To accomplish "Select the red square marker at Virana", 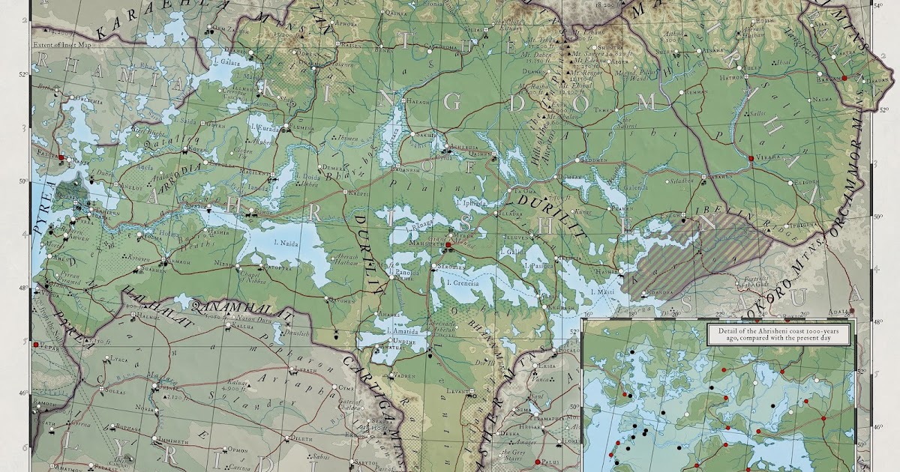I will click(750, 158).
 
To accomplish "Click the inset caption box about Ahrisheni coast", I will click(781, 334).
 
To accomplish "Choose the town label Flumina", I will click(303, 129).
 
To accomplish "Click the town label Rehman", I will click(697, 92).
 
